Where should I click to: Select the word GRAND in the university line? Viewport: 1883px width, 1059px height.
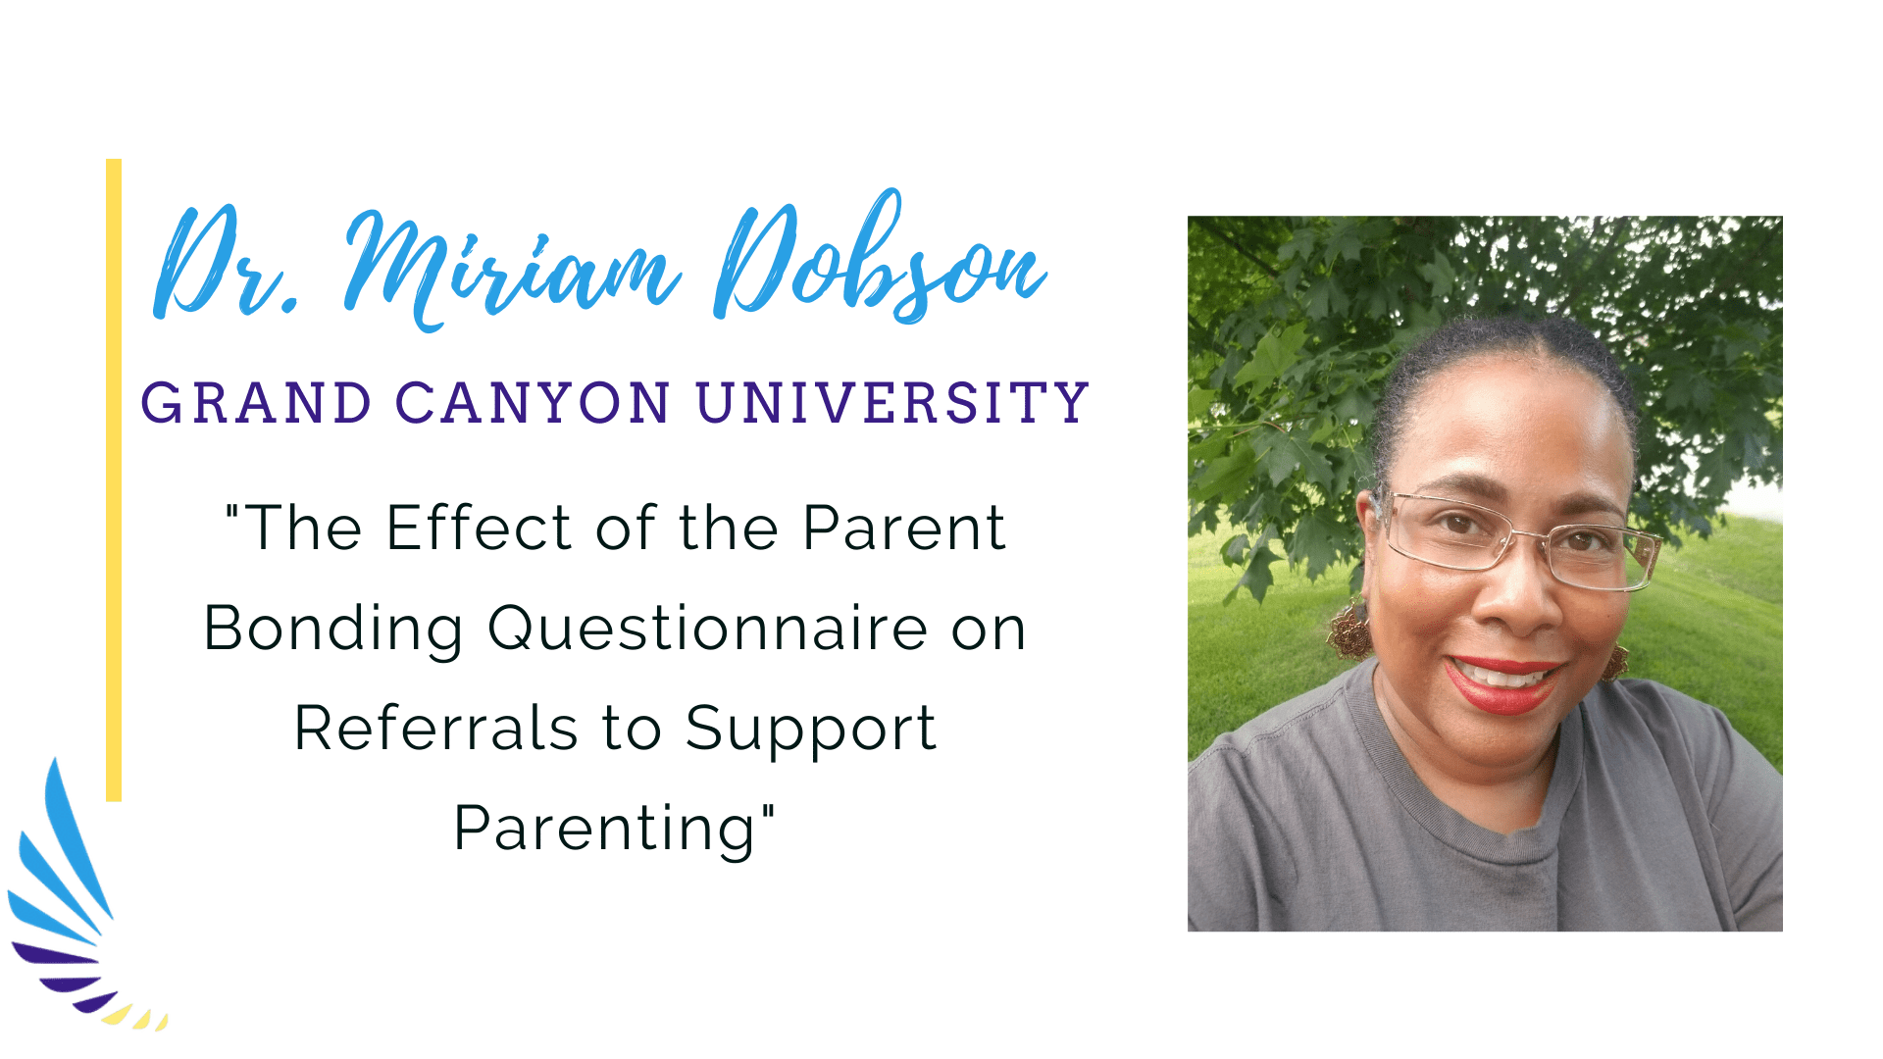click(256, 403)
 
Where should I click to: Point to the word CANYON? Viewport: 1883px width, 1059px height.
click(534, 403)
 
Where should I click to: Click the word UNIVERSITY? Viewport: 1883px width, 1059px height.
click(892, 403)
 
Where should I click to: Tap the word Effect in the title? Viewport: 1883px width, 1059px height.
click(479, 528)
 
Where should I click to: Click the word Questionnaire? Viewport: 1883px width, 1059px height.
click(708, 629)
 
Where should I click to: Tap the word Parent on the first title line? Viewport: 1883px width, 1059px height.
click(904, 528)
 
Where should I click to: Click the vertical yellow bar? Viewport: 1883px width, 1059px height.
click(114, 479)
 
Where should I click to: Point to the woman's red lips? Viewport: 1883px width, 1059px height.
click(1502, 682)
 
